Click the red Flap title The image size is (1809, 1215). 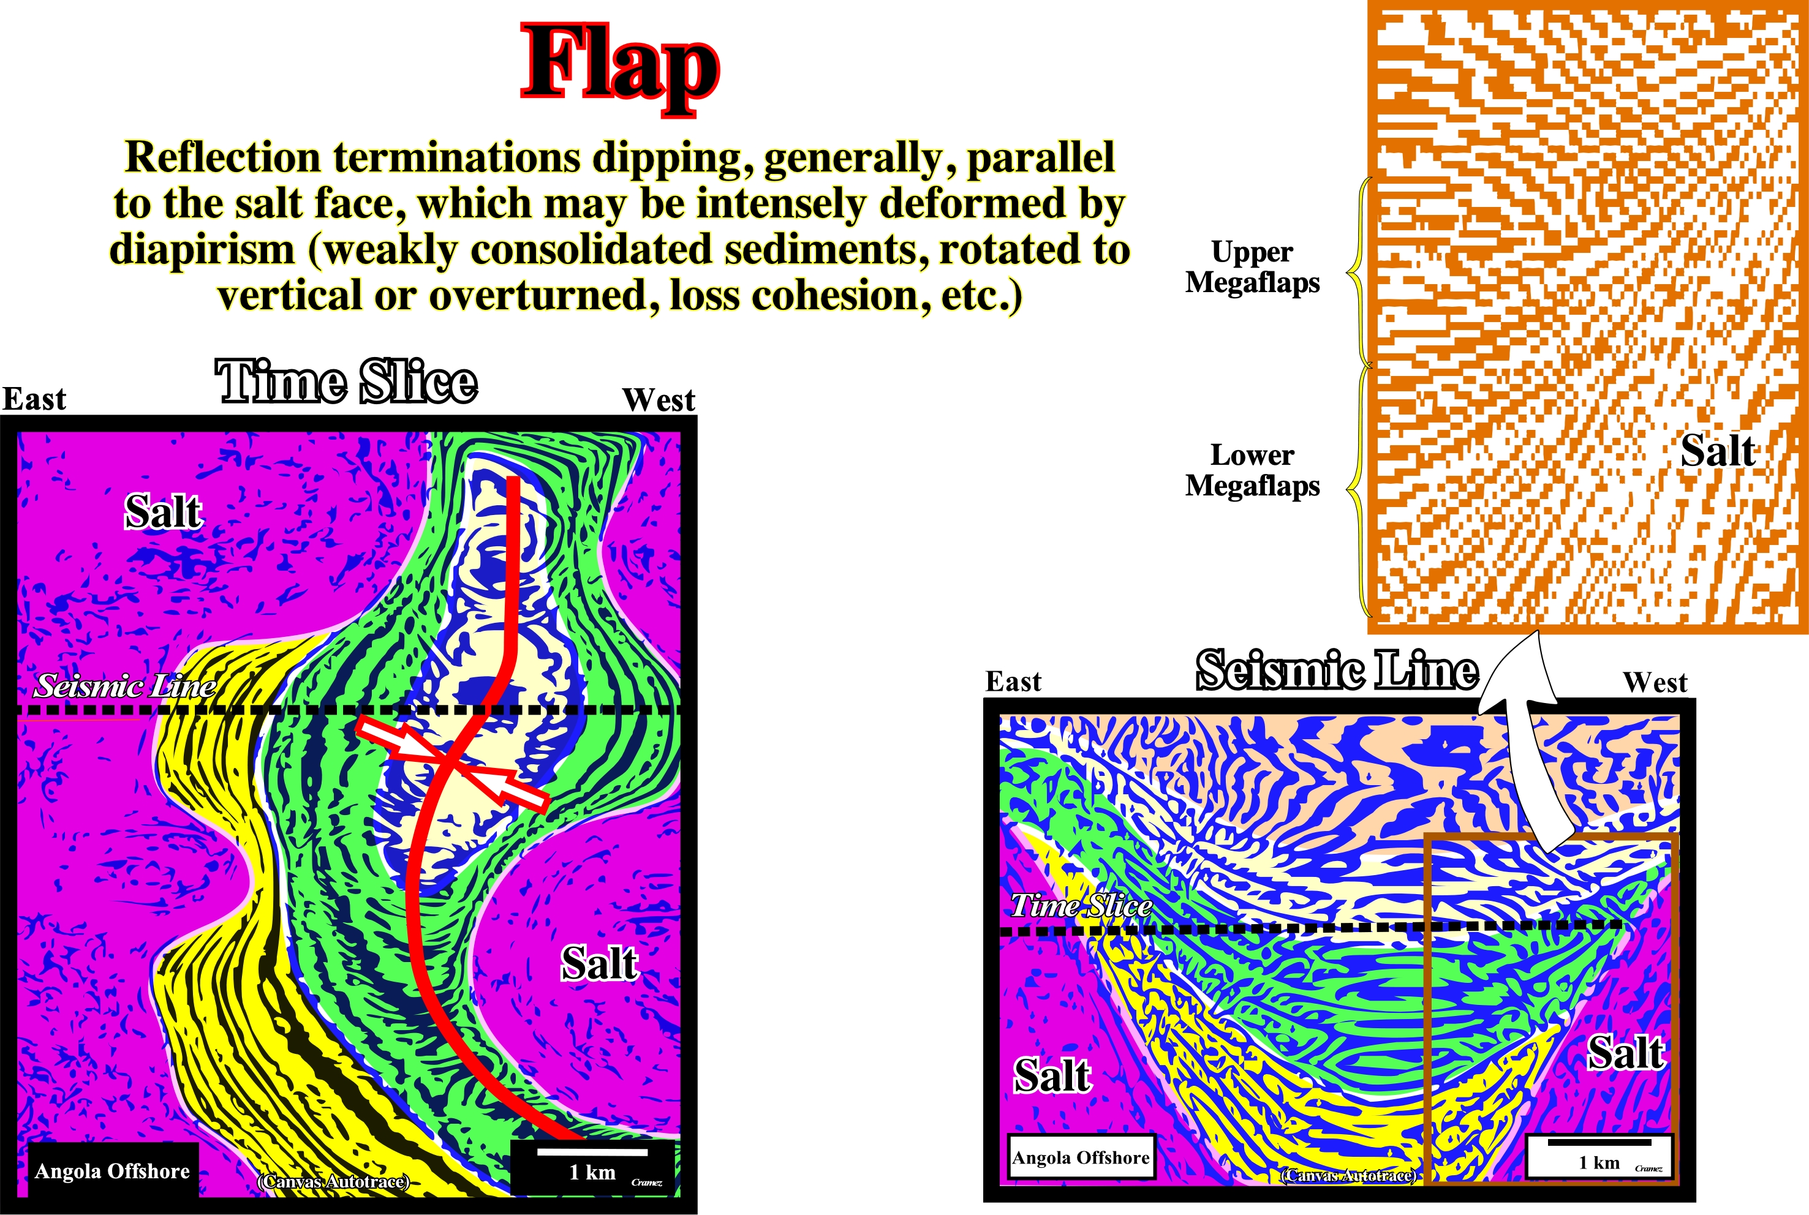pos(620,68)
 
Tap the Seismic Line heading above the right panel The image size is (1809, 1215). pos(1337,670)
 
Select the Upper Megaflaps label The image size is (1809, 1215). pos(1253,266)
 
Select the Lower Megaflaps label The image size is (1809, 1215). pos(1253,470)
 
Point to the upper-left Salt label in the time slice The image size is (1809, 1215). pos(164,511)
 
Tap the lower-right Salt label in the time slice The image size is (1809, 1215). pos(599,964)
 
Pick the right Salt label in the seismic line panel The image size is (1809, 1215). pos(1626,1052)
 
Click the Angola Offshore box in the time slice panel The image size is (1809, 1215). pos(112,1171)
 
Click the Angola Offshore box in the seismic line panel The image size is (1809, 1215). pos(1081,1157)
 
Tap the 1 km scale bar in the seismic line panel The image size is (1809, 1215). pos(1599,1142)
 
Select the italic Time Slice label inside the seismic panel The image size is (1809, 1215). pos(1081,905)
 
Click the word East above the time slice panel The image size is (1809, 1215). pos(34,399)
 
